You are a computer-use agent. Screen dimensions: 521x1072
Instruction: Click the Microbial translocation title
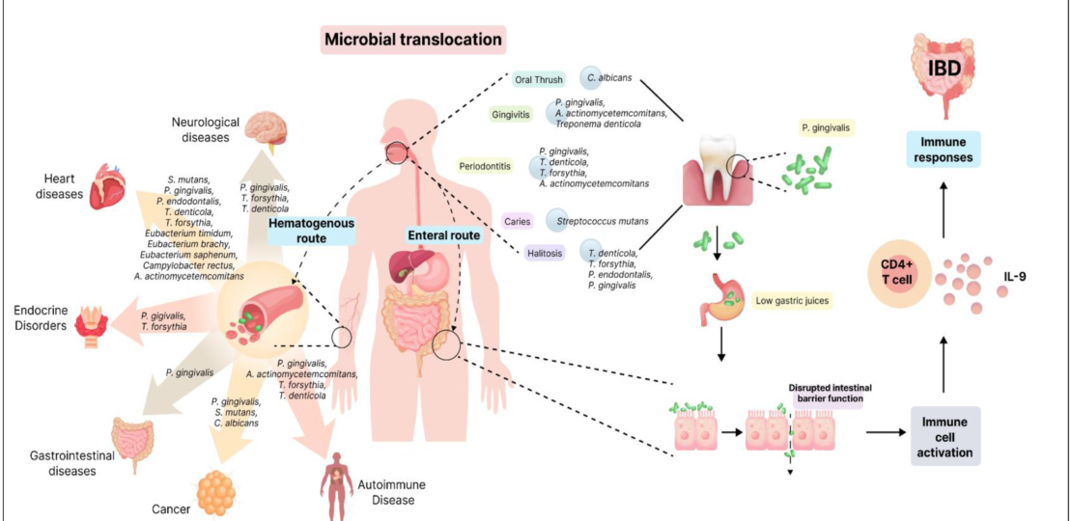tap(412, 41)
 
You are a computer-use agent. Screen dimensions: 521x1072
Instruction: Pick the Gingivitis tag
tap(515, 115)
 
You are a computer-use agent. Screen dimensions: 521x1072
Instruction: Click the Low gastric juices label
tap(795, 302)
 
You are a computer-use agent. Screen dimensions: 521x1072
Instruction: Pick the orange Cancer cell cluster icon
tap(214, 491)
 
